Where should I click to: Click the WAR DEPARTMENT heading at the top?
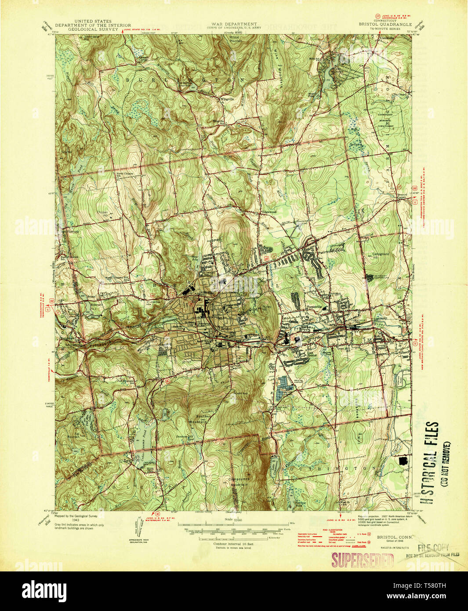coord(234,24)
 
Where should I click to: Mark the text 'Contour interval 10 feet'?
coord(233,544)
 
